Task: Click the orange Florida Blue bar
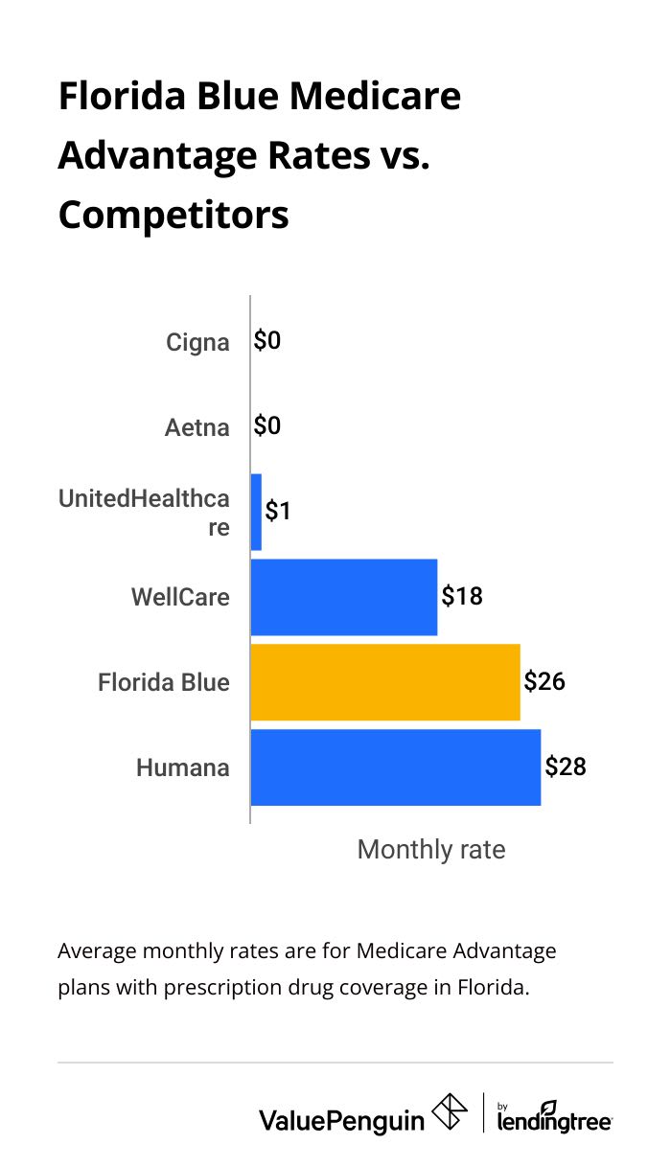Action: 385,682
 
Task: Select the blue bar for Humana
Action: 396,767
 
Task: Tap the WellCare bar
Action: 344,597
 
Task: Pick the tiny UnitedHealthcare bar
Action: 256,512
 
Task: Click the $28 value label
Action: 565,767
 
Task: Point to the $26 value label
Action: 544,681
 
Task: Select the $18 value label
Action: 462,596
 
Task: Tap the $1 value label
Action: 278,512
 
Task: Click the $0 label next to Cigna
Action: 267,341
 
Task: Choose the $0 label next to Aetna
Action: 267,426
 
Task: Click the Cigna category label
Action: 197,342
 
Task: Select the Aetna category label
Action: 197,427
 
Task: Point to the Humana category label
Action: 183,767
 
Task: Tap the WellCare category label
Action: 180,597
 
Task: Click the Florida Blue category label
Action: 164,682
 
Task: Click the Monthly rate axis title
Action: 430,849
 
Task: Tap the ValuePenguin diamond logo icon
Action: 450,1113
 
